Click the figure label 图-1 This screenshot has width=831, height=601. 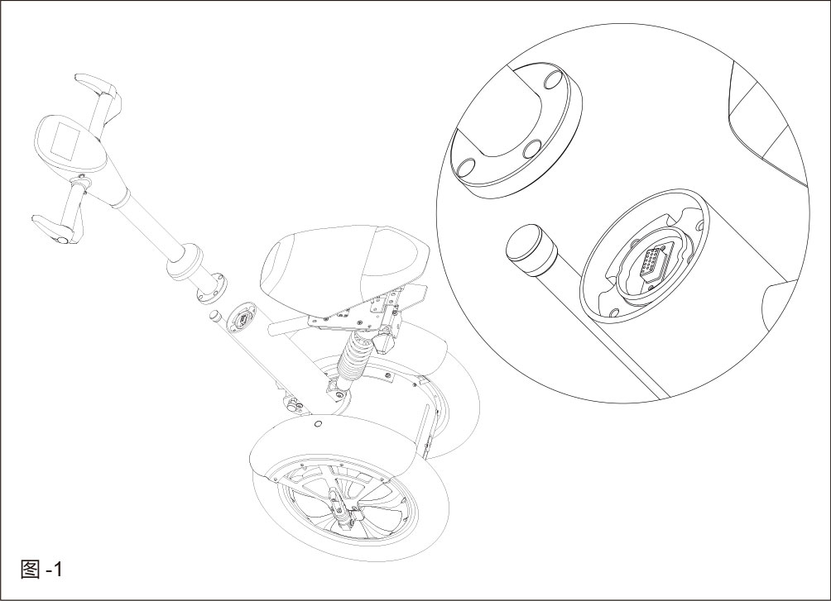(x=41, y=570)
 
